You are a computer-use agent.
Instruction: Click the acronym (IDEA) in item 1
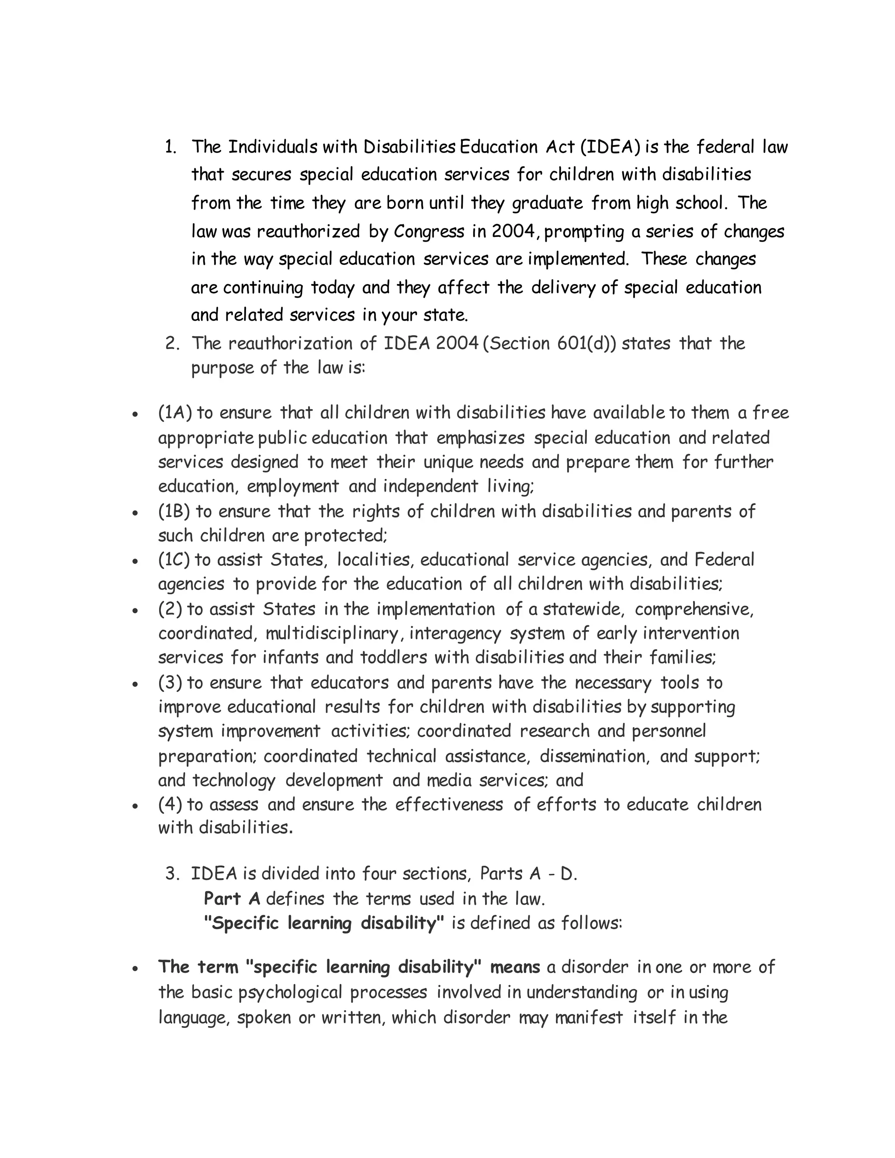(x=610, y=147)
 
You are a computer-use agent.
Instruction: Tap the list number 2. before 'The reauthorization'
(x=173, y=343)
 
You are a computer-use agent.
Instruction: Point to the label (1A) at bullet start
(x=175, y=413)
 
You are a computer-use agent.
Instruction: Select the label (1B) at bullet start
(x=174, y=511)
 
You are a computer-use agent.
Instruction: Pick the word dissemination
(x=594, y=756)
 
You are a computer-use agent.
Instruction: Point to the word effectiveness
(x=448, y=804)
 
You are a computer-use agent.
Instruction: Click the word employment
(x=293, y=486)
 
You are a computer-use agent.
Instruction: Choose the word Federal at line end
(x=724, y=559)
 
